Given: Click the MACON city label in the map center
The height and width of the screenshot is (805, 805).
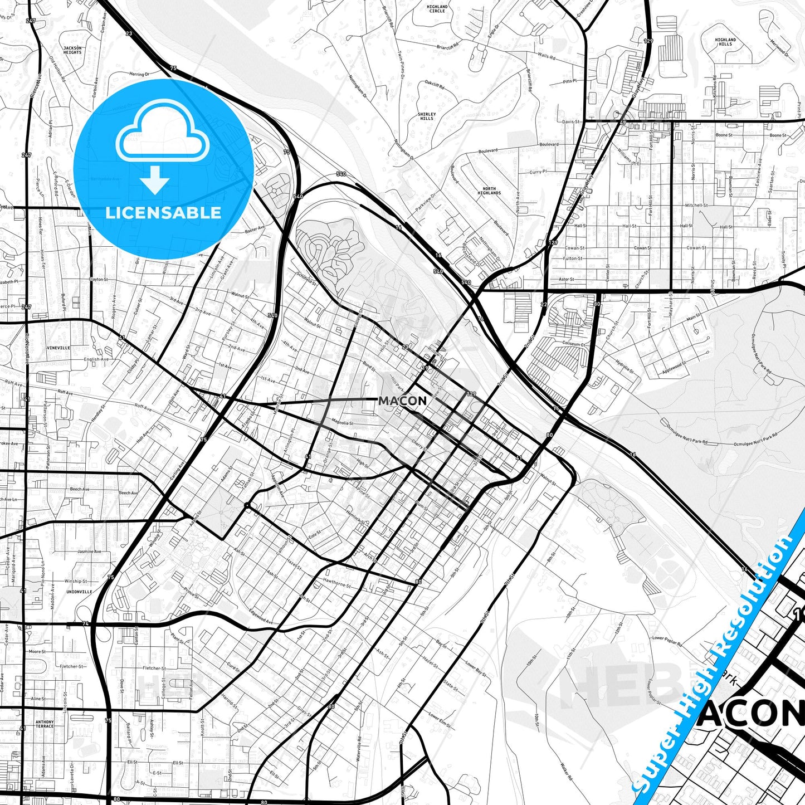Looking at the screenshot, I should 402,401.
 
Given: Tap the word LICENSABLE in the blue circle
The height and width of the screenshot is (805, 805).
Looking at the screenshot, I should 163,213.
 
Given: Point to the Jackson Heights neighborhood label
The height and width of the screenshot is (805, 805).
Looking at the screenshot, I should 72,50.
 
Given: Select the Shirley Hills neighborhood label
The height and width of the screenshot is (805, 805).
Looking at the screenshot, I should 427,116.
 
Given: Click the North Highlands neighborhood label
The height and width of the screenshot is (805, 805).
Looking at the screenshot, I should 489,191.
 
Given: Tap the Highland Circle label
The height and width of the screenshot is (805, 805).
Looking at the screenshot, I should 437,8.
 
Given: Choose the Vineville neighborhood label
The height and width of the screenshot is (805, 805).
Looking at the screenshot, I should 58,348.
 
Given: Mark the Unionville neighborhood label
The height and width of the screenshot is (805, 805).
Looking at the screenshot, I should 79,591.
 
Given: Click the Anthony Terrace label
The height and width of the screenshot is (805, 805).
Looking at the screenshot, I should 45,724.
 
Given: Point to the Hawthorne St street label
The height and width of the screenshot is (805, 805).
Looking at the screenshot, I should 337,586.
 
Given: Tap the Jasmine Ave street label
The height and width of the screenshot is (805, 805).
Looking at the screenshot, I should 90,552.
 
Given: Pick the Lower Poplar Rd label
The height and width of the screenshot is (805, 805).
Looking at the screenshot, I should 667,640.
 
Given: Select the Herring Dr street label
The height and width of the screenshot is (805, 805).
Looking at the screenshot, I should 139,74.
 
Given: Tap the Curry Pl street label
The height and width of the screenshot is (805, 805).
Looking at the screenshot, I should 538,172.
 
